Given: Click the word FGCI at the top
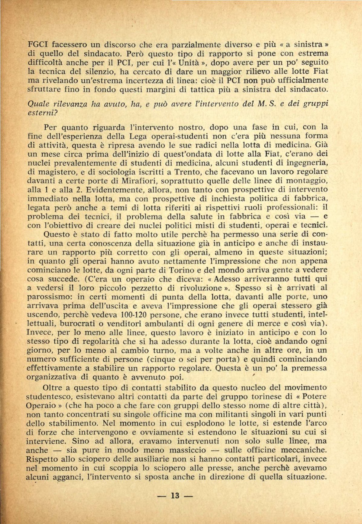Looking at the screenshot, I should tap(37, 45).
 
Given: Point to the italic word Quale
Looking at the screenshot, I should tap(38, 104).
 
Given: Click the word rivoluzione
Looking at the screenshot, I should tap(203, 288).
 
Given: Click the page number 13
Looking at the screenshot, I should tap(175, 496).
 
